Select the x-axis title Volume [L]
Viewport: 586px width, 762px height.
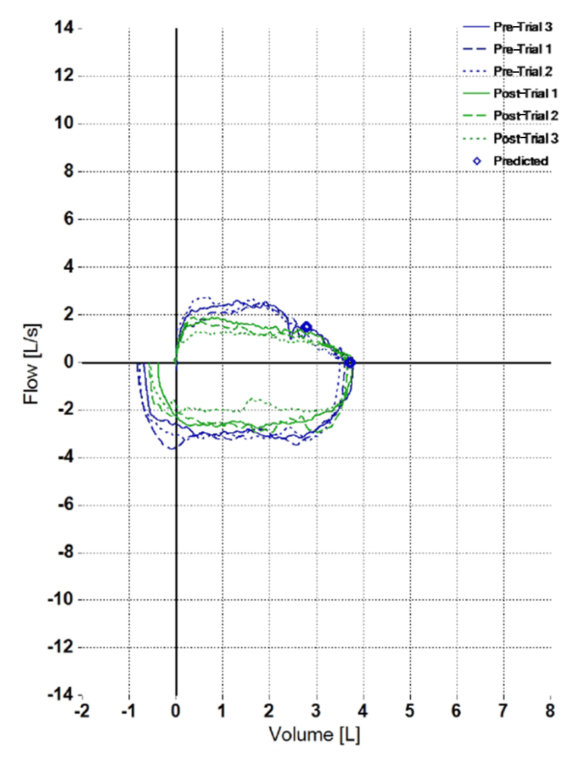click(x=314, y=735)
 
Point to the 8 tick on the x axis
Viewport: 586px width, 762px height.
click(x=550, y=710)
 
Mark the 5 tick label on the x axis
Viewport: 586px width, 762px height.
click(x=409, y=710)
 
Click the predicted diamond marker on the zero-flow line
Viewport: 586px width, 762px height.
click(x=350, y=362)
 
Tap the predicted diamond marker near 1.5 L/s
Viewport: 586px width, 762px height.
click(x=307, y=327)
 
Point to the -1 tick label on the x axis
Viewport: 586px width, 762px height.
click(x=127, y=710)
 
